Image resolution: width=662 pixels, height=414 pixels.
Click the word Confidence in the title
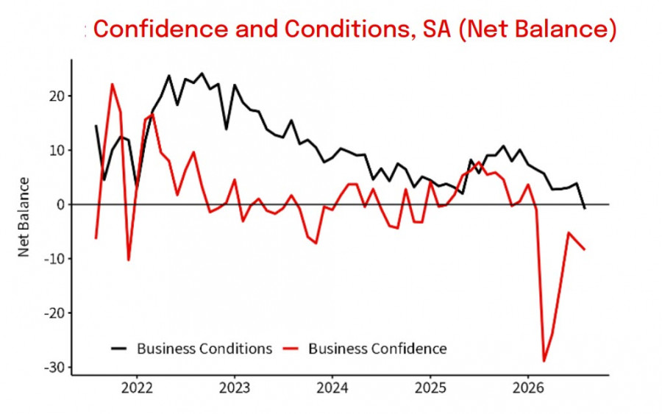[x=161, y=29]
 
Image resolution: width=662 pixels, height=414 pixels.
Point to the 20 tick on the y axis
[x=57, y=96]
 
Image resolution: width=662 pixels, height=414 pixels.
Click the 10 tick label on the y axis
[x=57, y=150]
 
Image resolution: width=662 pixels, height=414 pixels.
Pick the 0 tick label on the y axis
[x=62, y=204]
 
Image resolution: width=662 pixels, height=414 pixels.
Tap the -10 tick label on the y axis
[x=55, y=259]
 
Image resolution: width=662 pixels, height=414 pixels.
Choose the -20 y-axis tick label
[x=55, y=313]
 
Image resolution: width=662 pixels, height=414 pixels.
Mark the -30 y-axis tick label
[x=55, y=368]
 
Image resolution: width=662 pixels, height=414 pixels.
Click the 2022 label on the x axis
[x=137, y=388]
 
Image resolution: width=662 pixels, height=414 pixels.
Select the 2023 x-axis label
[x=235, y=388]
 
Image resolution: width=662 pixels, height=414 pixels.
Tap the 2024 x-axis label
[x=332, y=388]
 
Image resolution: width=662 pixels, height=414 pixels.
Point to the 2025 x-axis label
[x=430, y=388]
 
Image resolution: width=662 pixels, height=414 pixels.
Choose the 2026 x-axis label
[x=527, y=388]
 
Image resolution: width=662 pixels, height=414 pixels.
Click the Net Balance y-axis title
[x=24, y=217]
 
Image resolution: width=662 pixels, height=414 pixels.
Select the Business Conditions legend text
[x=204, y=349]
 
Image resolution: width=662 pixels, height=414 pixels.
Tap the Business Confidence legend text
[x=377, y=349]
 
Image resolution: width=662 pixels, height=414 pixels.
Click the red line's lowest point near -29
[x=544, y=361]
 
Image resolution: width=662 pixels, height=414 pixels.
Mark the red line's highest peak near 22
[x=113, y=84]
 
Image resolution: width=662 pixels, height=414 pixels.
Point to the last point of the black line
[x=585, y=209]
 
